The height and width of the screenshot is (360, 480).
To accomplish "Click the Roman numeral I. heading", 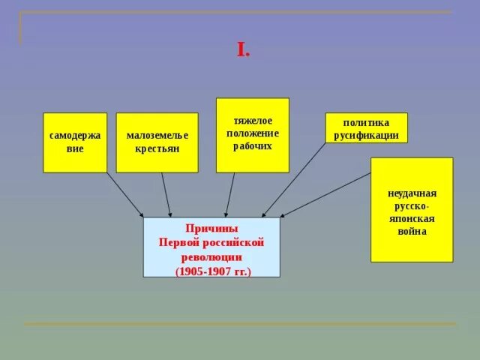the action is pyautogui.click(x=243, y=51).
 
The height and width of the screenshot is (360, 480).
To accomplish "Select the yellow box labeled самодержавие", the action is pyautogui.click(x=75, y=142).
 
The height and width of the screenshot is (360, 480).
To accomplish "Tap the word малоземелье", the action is pyautogui.click(x=157, y=135).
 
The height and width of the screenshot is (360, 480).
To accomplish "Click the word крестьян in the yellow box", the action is pyautogui.click(x=157, y=148).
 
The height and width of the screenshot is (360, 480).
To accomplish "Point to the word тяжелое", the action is pyautogui.click(x=253, y=120).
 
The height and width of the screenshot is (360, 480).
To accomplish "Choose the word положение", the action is pyautogui.click(x=253, y=133).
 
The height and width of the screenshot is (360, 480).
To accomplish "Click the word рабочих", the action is pyautogui.click(x=253, y=145).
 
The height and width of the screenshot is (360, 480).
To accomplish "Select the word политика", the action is pyautogui.click(x=366, y=123).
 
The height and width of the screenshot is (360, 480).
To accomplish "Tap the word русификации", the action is pyautogui.click(x=366, y=136).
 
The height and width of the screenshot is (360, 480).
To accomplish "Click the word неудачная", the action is pyautogui.click(x=412, y=193).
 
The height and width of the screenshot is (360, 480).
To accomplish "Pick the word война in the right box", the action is pyautogui.click(x=412, y=232).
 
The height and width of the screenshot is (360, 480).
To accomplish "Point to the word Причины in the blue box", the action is pyautogui.click(x=211, y=228).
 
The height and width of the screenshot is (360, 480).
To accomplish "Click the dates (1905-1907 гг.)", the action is pyautogui.click(x=211, y=270).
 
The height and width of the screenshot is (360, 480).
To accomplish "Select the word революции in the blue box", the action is pyautogui.click(x=211, y=256).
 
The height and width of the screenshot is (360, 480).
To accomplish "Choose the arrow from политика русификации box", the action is pyautogui.click(x=294, y=180).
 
